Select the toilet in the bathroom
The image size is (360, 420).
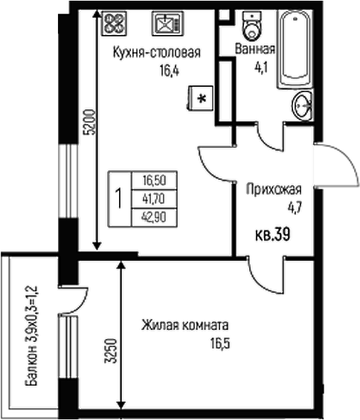(253, 26)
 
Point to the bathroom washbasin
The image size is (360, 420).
(302, 106)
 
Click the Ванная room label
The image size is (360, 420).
(254, 50)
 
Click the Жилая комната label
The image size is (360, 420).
(185, 325)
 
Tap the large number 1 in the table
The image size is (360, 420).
(118, 198)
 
